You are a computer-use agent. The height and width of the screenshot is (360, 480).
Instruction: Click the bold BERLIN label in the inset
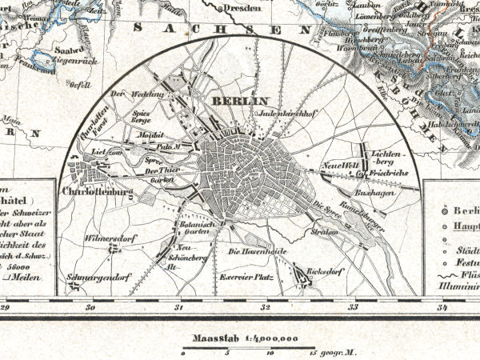tap(231, 102)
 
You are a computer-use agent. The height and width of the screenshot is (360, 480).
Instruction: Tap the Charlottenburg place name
tap(90, 193)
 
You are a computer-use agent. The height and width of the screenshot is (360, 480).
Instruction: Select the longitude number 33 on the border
tap(352, 306)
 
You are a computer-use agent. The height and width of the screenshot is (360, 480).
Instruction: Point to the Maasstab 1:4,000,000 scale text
tap(238, 338)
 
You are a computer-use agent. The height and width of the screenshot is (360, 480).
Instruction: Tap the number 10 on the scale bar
tap(270, 353)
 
